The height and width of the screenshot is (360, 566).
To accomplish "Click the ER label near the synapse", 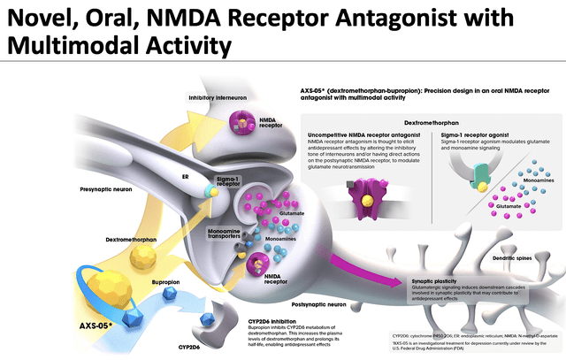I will tap(186, 176).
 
